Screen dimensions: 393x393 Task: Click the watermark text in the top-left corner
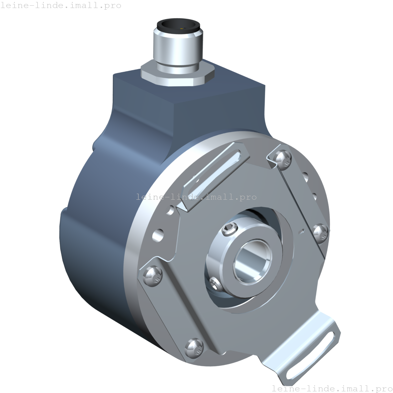tap(61, 6)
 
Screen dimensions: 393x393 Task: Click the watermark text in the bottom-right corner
tap(332, 388)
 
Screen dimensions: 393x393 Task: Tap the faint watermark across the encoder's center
tap(196, 197)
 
